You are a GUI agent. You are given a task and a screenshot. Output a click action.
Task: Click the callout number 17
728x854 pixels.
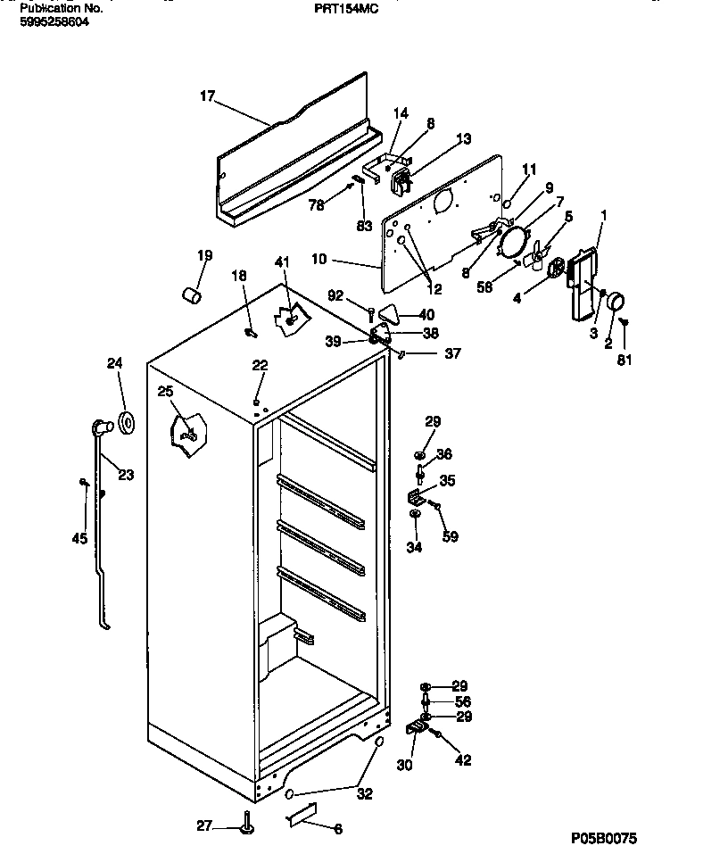207,96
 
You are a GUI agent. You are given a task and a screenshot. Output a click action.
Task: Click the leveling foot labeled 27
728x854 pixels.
245,826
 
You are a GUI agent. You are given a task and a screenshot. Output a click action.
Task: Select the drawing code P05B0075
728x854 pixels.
604,839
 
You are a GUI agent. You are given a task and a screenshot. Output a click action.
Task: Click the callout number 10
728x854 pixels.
318,261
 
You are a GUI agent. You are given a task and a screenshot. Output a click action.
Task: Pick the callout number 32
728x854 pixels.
365,793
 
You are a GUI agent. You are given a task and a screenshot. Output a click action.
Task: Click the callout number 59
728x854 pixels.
451,536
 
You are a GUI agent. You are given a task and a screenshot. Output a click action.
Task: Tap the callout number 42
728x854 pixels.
463,760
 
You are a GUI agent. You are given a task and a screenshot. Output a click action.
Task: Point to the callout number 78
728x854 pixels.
317,205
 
